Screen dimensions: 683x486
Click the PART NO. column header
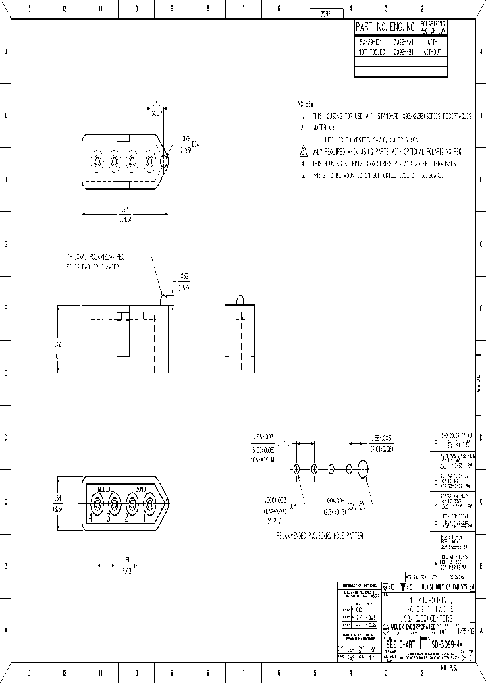372,28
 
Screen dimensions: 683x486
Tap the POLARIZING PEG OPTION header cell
433,28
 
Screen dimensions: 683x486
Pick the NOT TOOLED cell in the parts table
372,51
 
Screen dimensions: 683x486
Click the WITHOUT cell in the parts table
433,51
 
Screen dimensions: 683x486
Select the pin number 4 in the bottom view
89,518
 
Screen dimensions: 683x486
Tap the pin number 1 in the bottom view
144,518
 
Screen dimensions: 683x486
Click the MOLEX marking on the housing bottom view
107,489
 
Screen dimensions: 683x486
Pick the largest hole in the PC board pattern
363,469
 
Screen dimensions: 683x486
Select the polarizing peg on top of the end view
240,299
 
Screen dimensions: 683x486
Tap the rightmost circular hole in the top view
164,162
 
